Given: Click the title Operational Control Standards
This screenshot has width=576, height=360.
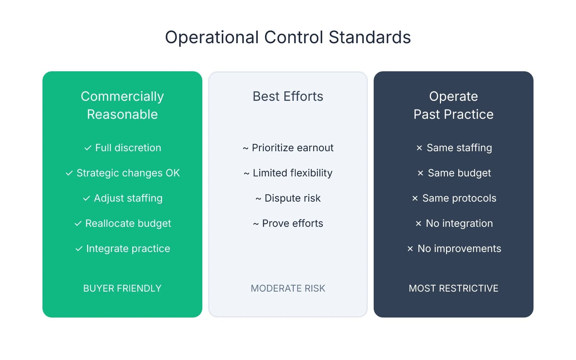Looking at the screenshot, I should pos(288,37).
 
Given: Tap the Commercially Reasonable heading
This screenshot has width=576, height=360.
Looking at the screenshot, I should pos(122,105).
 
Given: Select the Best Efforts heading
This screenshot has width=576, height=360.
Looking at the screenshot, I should pos(288,96).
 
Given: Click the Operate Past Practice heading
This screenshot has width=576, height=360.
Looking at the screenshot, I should pos(453,105).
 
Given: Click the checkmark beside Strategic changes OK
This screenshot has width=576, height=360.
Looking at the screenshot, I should pos(69,173).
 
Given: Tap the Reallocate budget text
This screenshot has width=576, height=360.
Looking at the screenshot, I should pos(128,224).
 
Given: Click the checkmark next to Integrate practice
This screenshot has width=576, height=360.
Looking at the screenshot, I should pos(79,249).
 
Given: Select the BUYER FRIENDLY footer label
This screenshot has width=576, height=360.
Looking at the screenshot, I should pos(122,288).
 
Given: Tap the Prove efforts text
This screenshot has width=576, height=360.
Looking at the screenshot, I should pos(292,224).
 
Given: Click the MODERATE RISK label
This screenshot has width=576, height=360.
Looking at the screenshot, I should pos(288,288).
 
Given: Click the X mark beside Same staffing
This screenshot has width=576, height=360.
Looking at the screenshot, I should pos(419,148).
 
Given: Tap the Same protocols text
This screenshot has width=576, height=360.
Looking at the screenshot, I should pos(459,198).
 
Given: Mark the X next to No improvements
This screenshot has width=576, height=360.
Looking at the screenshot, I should pos(410,249).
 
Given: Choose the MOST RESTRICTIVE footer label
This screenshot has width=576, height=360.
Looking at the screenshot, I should pos(453,288).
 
